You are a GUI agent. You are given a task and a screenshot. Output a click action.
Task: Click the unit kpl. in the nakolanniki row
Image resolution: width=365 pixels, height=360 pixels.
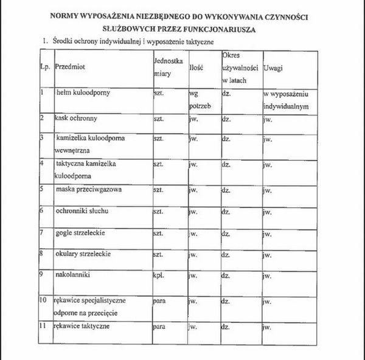pyautogui.click(x=159, y=275)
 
